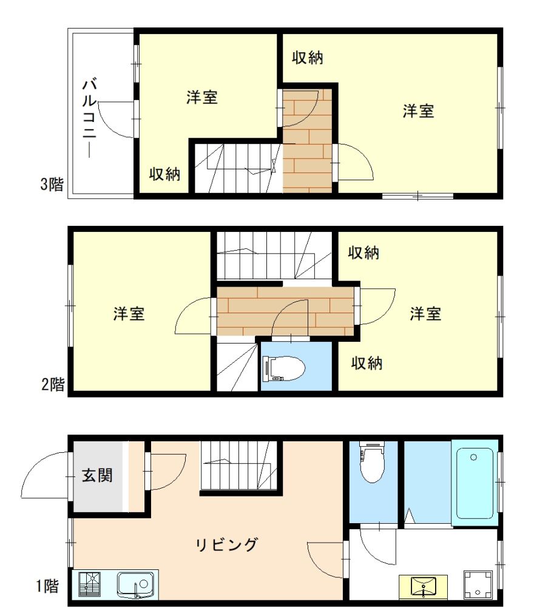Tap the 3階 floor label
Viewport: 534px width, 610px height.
coord(52,185)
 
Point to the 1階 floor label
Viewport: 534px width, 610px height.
coord(47,586)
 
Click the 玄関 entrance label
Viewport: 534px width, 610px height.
coord(97,475)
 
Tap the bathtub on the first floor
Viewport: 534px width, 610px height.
coord(475,482)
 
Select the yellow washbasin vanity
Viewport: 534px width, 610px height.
coord(423,587)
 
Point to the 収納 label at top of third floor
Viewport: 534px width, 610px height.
coord(307,58)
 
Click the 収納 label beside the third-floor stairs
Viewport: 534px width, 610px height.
coord(165,174)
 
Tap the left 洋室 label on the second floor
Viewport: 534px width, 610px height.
coord(129,314)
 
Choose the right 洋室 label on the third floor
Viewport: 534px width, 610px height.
coord(419,111)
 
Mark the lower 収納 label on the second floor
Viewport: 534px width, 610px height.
coord(367,364)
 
